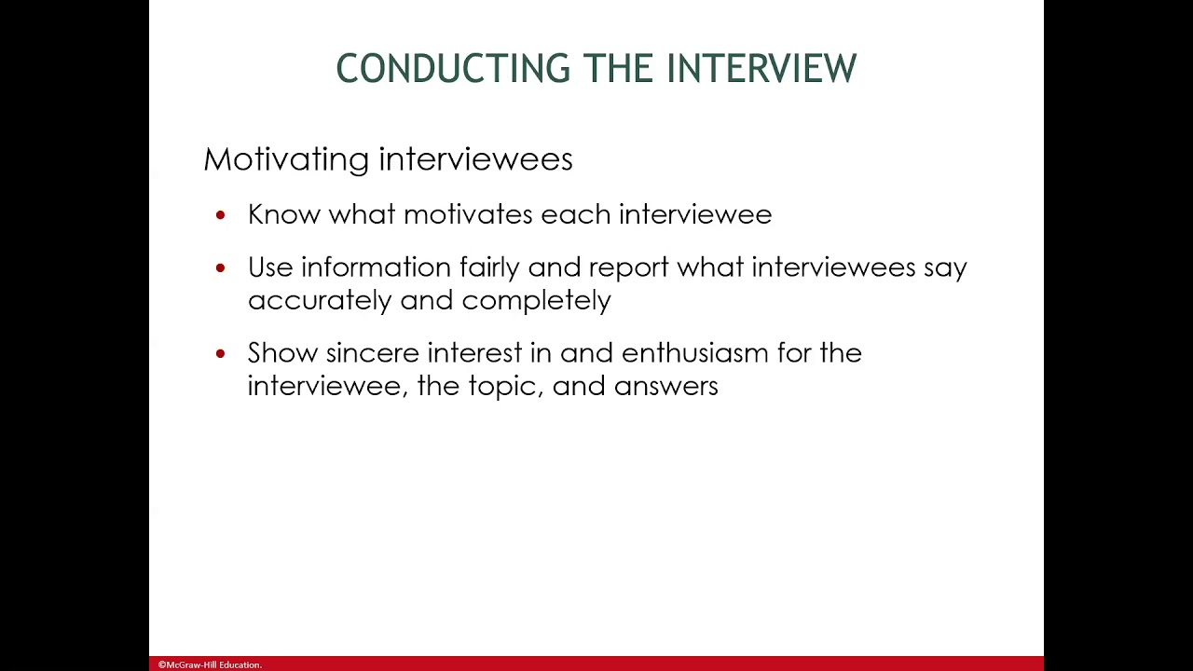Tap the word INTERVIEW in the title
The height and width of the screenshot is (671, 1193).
point(761,69)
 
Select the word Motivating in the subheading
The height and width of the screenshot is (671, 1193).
point(286,159)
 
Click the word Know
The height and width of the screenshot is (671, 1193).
point(284,214)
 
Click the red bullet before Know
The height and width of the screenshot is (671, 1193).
point(220,215)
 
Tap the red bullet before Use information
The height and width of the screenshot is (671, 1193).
point(220,268)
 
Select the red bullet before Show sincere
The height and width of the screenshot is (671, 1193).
point(220,354)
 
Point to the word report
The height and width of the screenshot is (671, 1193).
point(629,268)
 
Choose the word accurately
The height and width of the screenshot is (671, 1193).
point(320,301)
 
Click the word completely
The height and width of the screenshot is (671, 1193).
point(536,301)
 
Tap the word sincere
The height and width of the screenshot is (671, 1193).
point(372,353)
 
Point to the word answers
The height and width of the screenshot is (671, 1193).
point(665,387)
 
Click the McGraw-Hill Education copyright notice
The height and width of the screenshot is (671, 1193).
point(210,664)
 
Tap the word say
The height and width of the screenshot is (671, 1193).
point(945,268)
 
